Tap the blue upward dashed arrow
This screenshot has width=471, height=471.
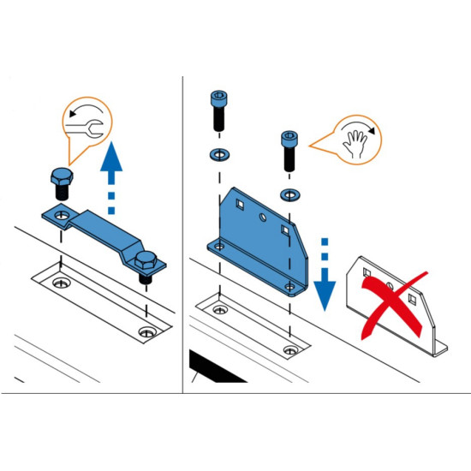click(110, 179)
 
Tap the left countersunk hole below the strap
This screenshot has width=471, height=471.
click(59, 282)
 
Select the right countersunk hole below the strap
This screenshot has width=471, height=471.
click(148, 331)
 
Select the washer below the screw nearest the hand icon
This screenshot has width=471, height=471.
click(290, 192)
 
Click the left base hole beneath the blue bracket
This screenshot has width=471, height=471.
click(221, 307)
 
